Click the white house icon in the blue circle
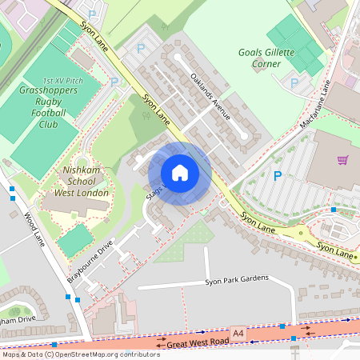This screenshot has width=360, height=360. coord(180,173)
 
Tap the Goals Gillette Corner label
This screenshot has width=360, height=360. coord(266,58)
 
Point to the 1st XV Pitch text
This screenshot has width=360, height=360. coord(64,81)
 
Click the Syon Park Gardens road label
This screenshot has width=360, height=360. coord(235,282)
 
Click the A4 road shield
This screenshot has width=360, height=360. coord(238,331)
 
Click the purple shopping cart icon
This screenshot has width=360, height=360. coord(342,160)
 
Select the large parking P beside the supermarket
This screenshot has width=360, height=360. coord(278,176)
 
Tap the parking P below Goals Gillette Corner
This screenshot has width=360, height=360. coord(294,82)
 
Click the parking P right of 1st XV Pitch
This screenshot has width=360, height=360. coord(114,82)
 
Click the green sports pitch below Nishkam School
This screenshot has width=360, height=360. coord(74,240)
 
